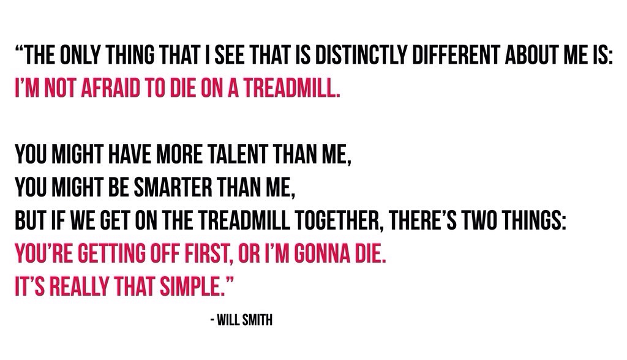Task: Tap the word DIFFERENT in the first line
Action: click(x=456, y=55)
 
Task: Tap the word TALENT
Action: click(x=238, y=154)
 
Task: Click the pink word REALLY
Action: click(x=79, y=287)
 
